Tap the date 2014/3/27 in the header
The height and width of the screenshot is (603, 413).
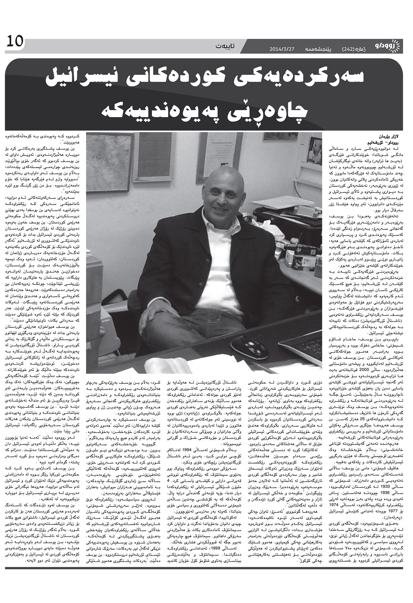click(x=282, y=49)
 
